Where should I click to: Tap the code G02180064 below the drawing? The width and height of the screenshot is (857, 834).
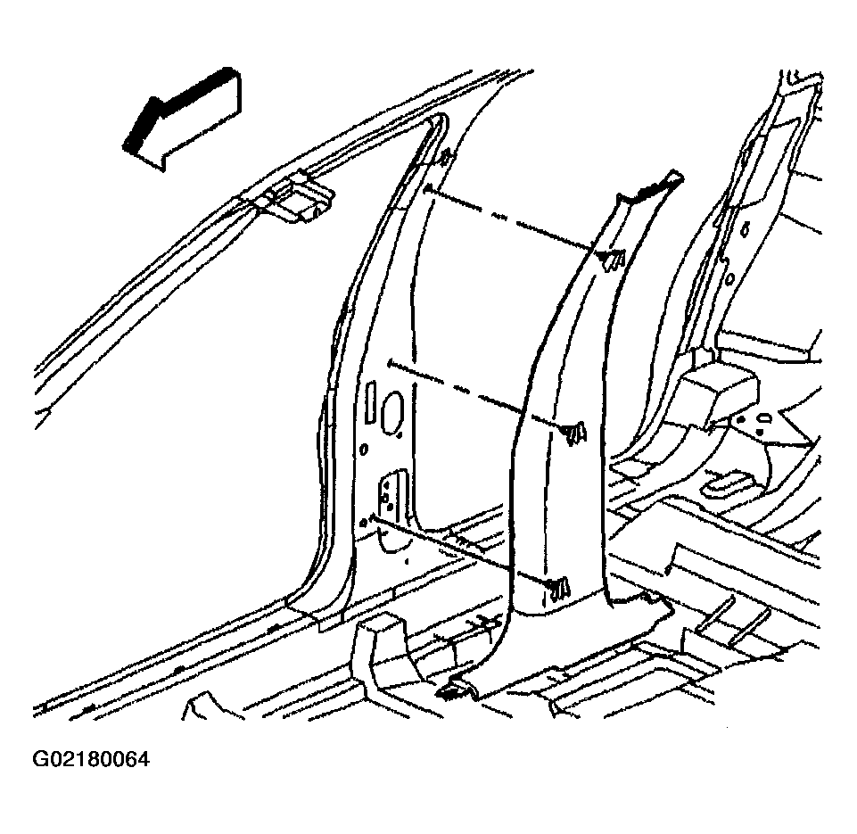coord(91,760)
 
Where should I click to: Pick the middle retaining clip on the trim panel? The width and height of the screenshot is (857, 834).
coord(574,433)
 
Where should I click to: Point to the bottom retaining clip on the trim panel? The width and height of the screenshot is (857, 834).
coord(558,589)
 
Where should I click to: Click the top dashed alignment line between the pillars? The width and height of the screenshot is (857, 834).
coord(511,219)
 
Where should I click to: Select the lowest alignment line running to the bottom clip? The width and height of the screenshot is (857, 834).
coord(459,549)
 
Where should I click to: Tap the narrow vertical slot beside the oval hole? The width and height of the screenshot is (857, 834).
coord(370,403)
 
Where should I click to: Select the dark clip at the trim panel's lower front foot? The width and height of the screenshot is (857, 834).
coord(454,690)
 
